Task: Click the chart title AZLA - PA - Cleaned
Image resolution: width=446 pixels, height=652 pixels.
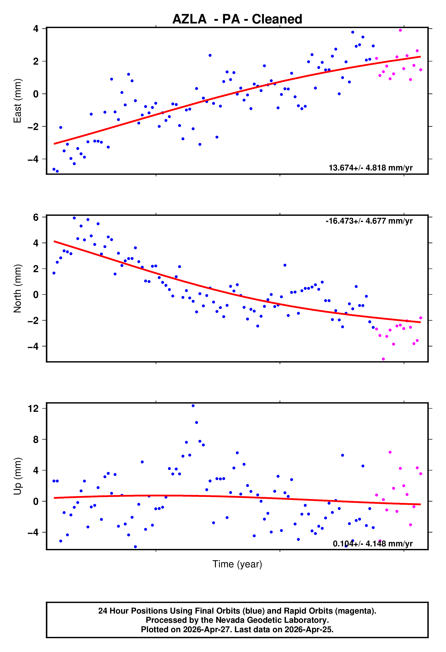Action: coord(237,19)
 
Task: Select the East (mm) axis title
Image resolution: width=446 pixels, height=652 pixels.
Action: coord(17,101)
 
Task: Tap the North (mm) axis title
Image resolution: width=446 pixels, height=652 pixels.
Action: coord(17,288)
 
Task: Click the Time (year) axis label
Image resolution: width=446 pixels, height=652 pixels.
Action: coord(237,564)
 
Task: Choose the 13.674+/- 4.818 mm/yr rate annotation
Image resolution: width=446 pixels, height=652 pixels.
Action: coord(371,168)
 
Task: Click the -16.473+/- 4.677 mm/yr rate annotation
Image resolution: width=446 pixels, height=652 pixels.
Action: coord(369,221)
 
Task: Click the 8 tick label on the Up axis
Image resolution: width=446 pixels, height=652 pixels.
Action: coord(36,439)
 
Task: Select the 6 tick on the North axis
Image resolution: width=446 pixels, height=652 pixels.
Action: coord(36,217)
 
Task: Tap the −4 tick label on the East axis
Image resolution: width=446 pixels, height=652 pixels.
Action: coord(33,159)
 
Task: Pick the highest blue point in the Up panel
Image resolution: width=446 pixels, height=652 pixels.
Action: coord(193,406)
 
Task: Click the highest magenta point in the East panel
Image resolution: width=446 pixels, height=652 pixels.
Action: coord(400,30)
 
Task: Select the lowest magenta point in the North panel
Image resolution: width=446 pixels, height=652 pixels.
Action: coord(383,359)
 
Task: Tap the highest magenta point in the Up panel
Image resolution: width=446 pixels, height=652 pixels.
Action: coord(390,452)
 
